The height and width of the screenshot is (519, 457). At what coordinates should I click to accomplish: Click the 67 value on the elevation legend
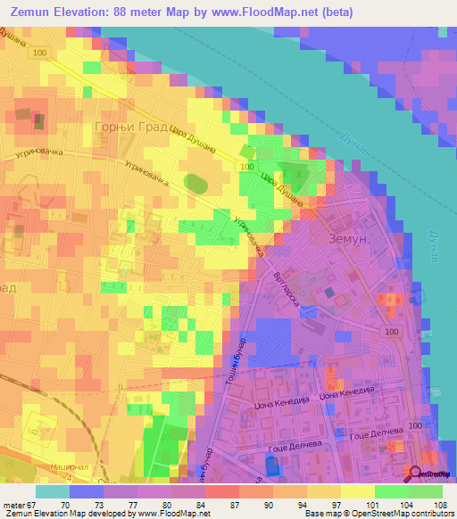(x=36, y=504)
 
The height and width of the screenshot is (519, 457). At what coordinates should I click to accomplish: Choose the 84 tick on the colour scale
(x=202, y=504)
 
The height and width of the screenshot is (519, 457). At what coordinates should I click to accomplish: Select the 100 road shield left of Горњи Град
(x=38, y=54)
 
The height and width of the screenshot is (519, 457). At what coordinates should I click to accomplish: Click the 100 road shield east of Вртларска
(x=393, y=332)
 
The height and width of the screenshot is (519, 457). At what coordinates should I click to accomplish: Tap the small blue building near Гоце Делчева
(x=272, y=464)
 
